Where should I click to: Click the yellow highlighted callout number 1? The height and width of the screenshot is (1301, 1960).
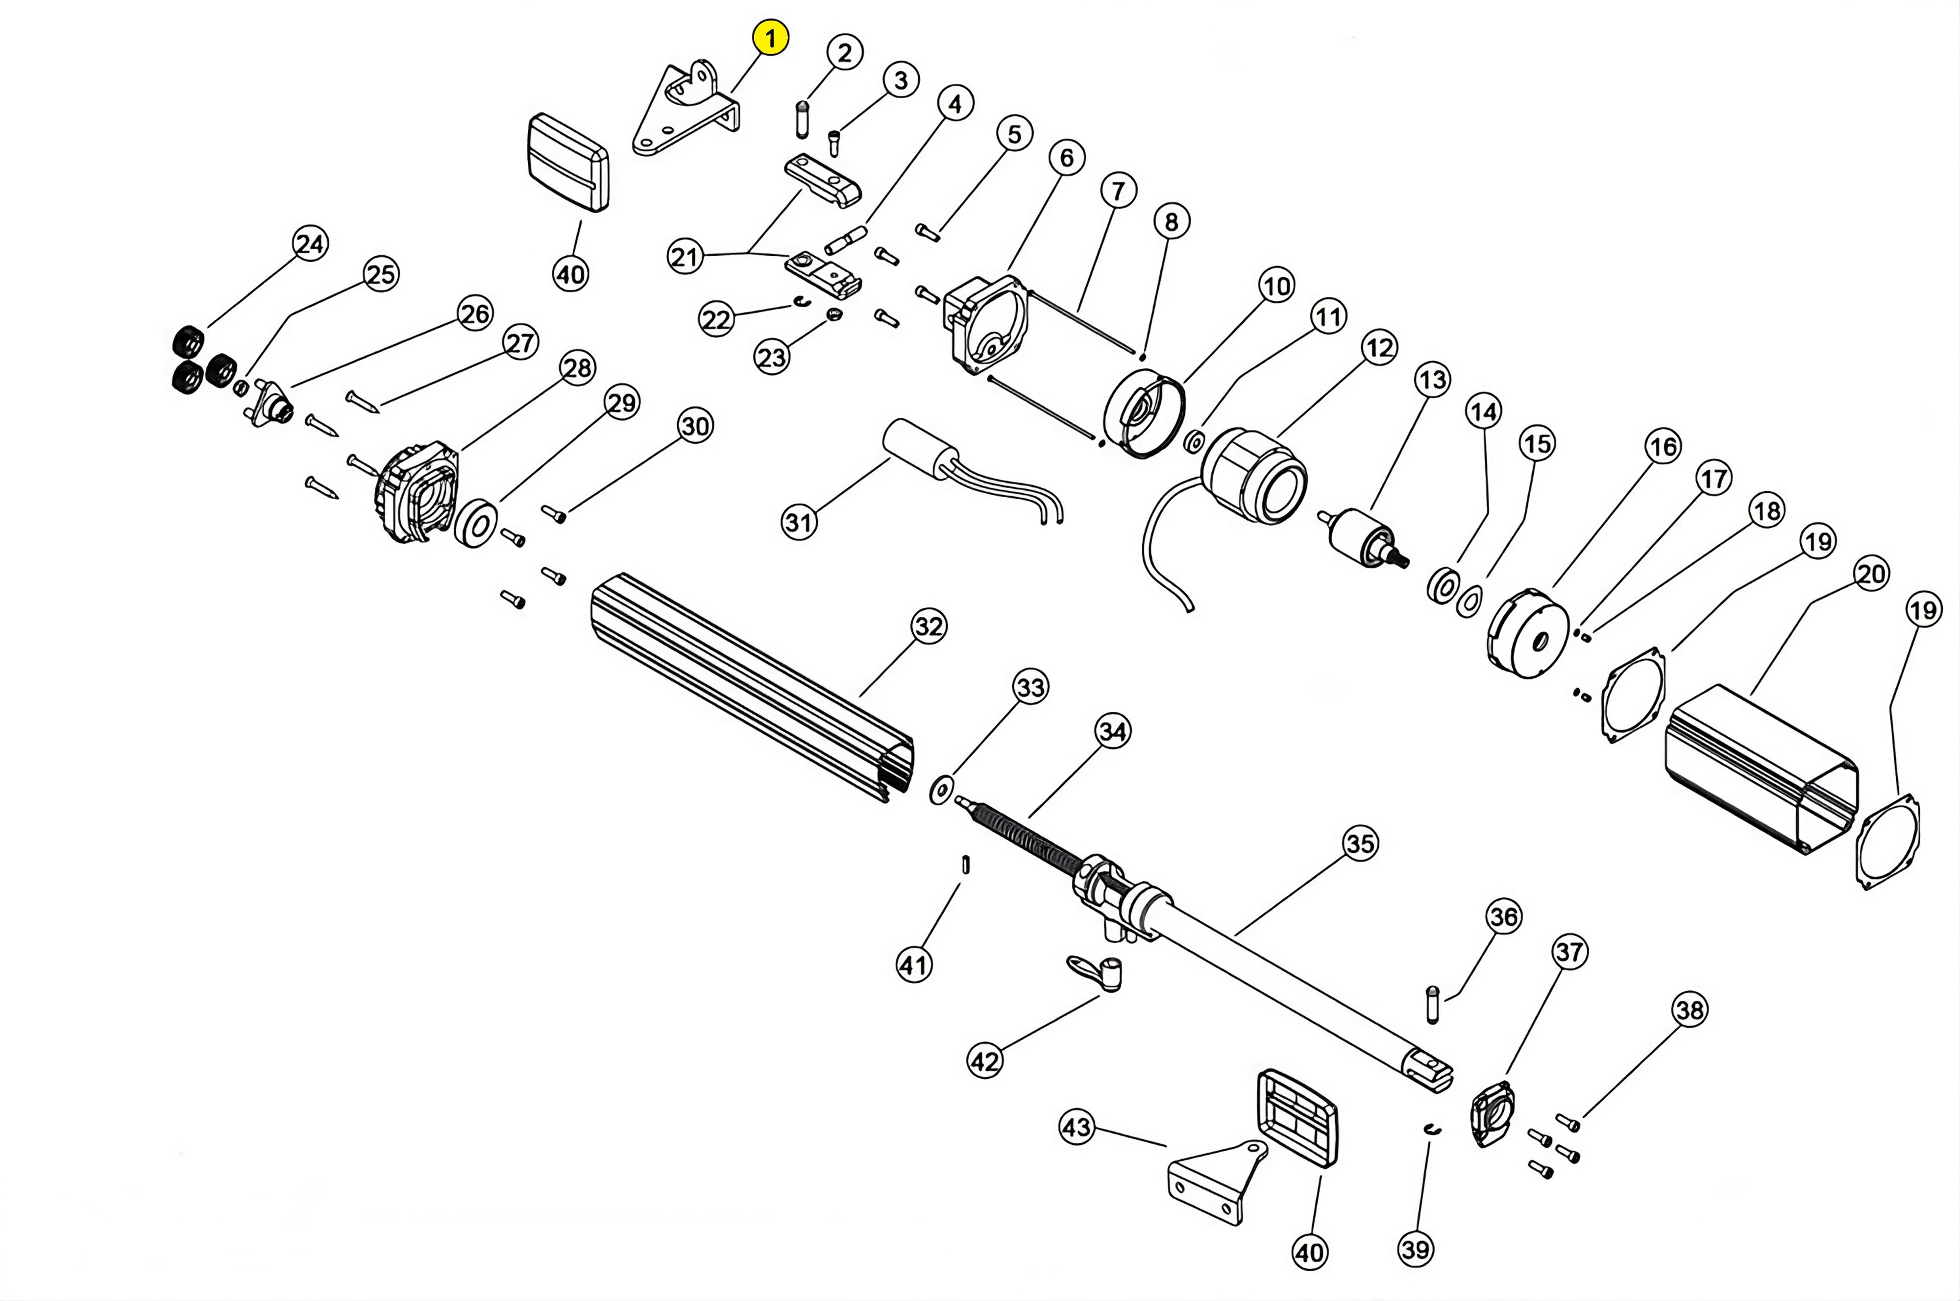(x=770, y=38)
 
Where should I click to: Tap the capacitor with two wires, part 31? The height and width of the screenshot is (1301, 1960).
(x=917, y=448)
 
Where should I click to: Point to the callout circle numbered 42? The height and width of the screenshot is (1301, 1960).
(x=985, y=1061)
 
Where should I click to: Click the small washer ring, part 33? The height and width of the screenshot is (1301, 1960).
(x=941, y=790)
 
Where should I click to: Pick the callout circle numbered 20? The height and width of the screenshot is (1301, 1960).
(x=1871, y=573)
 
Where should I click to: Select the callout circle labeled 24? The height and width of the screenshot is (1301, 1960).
(x=310, y=244)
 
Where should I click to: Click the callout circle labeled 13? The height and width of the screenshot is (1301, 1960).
(x=1433, y=380)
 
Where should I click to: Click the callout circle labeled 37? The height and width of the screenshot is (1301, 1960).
(x=1569, y=952)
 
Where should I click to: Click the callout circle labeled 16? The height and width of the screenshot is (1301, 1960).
(x=1663, y=447)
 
